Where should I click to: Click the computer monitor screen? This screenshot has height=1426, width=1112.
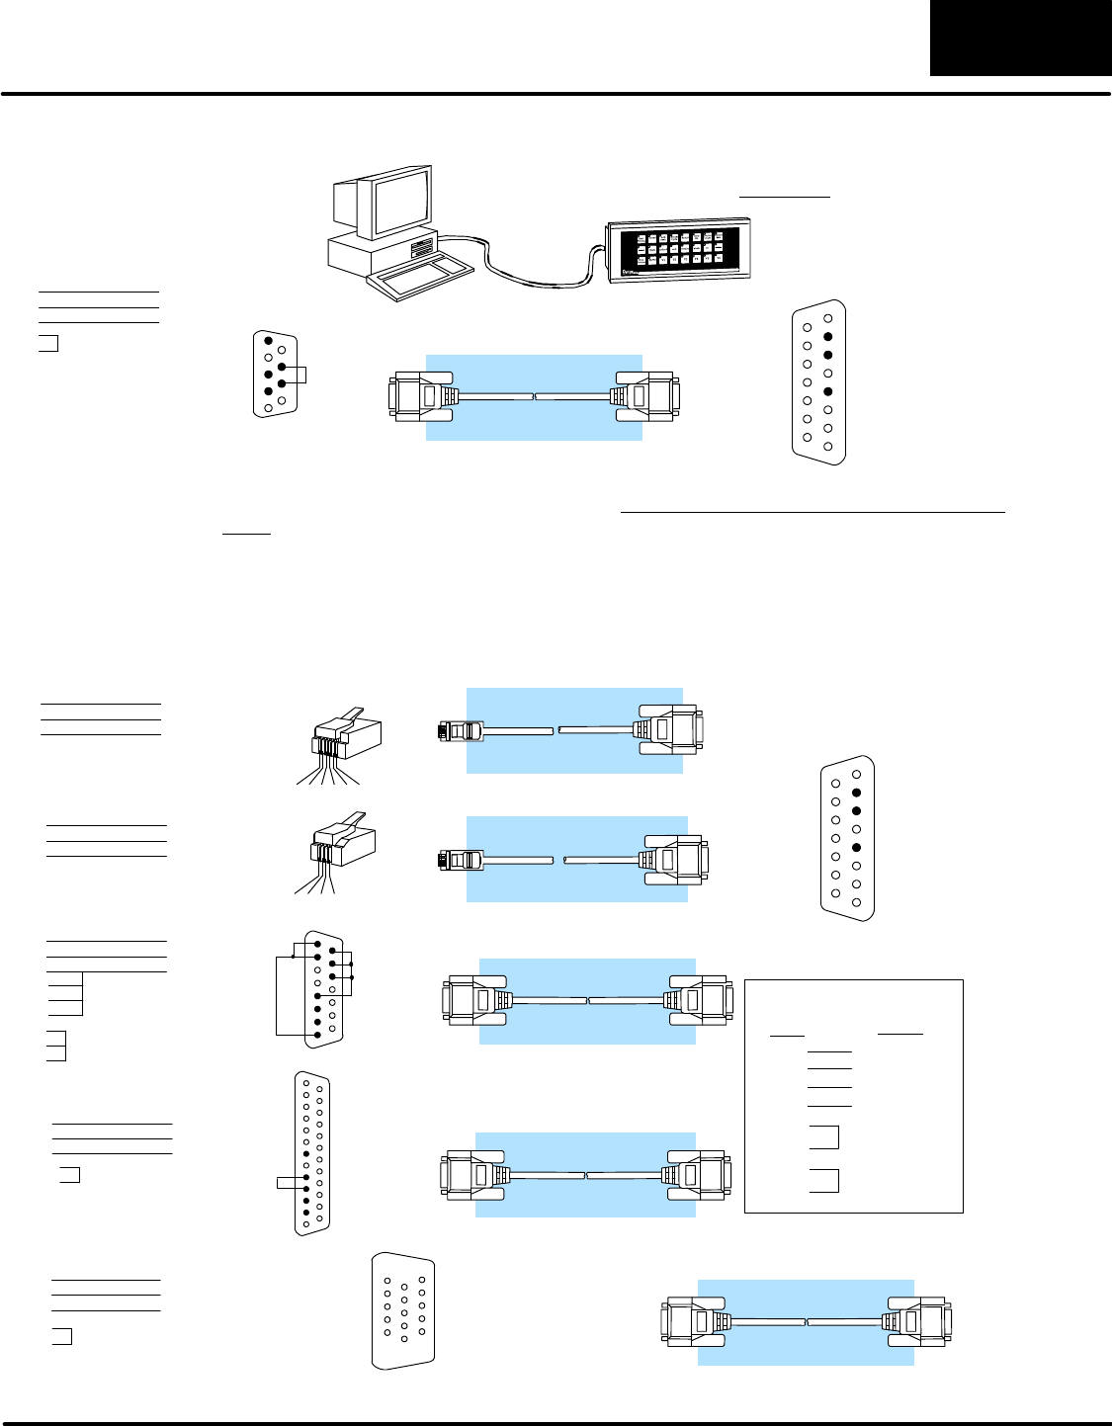[400, 202]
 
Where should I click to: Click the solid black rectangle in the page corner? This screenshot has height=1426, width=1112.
[1020, 38]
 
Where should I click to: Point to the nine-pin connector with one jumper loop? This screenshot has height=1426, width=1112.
[275, 375]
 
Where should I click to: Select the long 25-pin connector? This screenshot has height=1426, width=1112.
[312, 1153]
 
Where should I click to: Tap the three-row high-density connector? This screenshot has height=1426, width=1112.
[403, 1310]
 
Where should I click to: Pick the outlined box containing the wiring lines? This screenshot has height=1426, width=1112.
[853, 1095]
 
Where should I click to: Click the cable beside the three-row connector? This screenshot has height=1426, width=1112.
[806, 1322]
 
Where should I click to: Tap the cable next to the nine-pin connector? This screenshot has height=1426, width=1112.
[534, 397]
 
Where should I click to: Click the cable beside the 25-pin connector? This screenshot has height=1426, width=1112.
[586, 1175]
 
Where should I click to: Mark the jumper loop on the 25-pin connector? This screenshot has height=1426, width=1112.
[288, 1183]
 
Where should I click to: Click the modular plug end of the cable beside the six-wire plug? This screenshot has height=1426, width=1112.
[460, 731]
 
